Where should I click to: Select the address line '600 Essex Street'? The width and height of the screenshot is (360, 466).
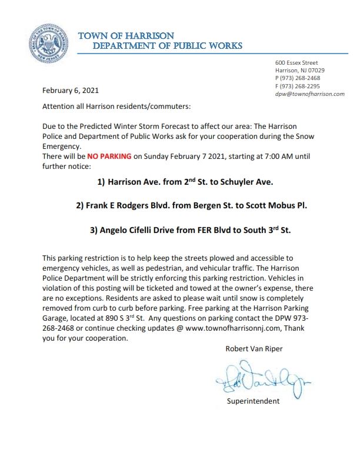(x=297, y=62)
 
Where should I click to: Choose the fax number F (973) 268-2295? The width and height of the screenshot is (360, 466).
(x=298, y=86)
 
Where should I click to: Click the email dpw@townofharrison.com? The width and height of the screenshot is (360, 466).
(x=309, y=94)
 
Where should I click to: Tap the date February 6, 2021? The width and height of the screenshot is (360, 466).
(x=71, y=91)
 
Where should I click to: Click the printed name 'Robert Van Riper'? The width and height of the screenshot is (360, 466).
(x=254, y=348)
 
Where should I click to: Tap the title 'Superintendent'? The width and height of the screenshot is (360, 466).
(x=254, y=402)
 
